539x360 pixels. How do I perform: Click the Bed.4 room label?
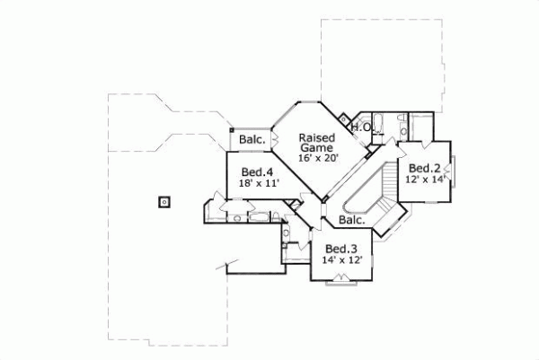(x=257, y=171)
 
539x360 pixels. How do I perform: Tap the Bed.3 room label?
(x=341, y=249)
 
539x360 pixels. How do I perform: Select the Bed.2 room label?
(x=424, y=168)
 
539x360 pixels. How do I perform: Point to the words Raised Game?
(x=316, y=142)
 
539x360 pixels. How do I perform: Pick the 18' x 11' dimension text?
(x=259, y=183)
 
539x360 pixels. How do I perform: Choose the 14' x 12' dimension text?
(x=341, y=260)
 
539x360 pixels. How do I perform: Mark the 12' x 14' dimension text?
(x=424, y=180)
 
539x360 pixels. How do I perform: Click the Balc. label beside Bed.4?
(x=251, y=140)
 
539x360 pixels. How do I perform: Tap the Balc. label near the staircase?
(x=352, y=220)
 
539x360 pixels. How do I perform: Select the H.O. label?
(x=361, y=127)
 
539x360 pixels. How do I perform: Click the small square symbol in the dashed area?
(x=163, y=202)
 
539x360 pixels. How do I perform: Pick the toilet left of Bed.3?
(x=286, y=235)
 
